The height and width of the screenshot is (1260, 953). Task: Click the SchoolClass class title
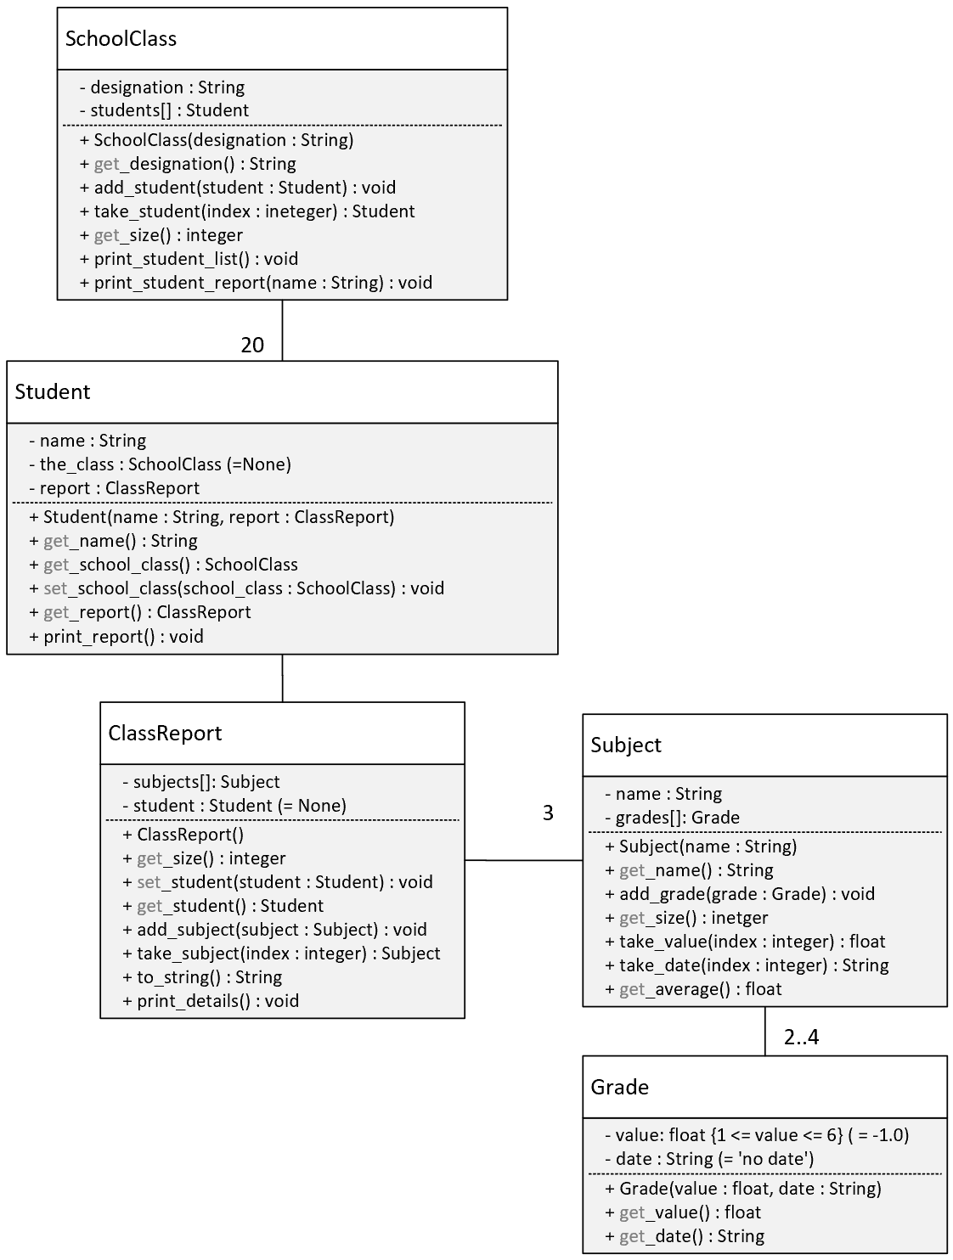(121, 38)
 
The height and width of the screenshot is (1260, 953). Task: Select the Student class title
(53, 391)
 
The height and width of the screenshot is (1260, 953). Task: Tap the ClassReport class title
(165, 733)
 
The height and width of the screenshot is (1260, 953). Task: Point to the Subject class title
(626, 745)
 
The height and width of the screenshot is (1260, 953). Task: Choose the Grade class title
(619, 1087)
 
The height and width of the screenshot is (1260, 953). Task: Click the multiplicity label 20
(252, 345)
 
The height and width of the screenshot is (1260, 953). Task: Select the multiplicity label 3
(548, 813)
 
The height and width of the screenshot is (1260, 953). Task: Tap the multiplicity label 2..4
(802, 1037)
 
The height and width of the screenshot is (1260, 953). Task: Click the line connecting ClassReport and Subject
(523, 860)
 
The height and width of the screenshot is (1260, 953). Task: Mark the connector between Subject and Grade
(764, 1031)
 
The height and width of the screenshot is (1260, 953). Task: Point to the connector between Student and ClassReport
(283, 678)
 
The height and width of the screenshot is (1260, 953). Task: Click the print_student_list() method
(189, 259)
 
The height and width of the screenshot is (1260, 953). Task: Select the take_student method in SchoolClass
(247, 211)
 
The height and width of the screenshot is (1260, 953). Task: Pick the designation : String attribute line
(162, 87)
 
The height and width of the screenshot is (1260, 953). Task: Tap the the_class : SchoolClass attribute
(161, 464)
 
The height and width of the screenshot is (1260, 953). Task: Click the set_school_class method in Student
(236, 588)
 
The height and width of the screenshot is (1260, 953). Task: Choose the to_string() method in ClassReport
(202, 977)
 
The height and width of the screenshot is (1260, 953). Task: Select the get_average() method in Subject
(693, 989)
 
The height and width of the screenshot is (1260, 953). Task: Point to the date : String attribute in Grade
(709, 1158)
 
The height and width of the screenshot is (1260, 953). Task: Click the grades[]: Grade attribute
(672, 818)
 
